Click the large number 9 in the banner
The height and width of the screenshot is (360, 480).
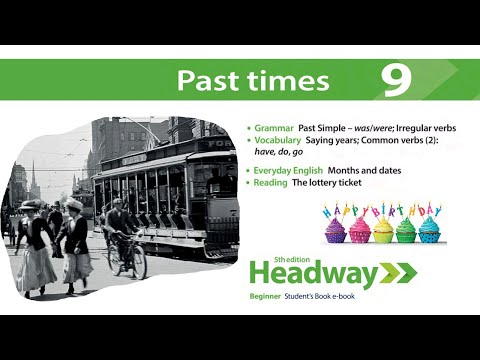point(397,80)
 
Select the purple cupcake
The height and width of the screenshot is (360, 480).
point(336,229)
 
